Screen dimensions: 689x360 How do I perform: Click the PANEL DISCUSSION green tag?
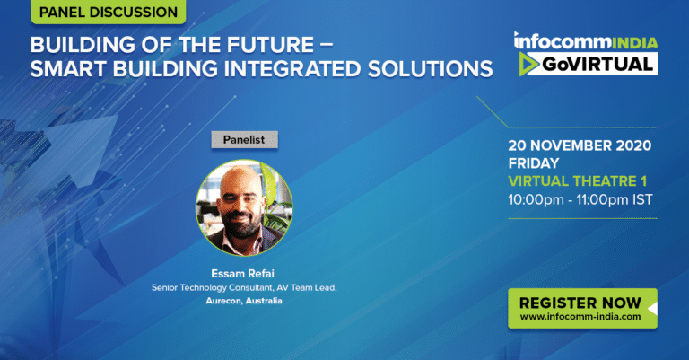point(108,12)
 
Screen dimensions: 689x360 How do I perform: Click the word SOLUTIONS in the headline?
point(431,68)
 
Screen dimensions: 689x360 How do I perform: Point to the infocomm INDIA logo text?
point(586,41)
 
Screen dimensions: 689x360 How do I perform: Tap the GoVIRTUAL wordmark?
point(597,64)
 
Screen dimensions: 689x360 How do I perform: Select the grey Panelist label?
point(244,140)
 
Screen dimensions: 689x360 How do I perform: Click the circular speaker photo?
point(244,207)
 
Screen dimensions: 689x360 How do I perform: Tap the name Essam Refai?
point(242,274)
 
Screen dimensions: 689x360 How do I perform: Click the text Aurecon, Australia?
point(244,301)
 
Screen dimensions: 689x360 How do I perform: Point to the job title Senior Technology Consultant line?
point(244,287)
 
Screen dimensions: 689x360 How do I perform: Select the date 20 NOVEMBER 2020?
point(580,145)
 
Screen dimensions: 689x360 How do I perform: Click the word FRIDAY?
point(534,163)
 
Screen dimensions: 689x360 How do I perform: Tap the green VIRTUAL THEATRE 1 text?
point(578,181)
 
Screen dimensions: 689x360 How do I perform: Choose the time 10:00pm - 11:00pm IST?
point(580,199)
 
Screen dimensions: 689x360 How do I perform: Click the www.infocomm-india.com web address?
point(580,317)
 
